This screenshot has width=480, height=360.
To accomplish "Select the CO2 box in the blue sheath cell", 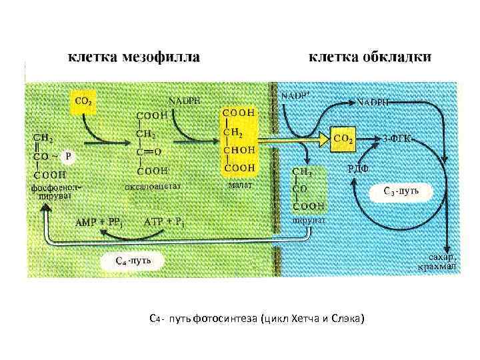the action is (x=344, y=139).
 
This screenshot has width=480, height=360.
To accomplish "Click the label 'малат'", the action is (x=240, y=185).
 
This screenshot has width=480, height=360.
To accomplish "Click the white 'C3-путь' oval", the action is (x=401, y=192).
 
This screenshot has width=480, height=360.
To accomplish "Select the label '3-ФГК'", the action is (x=398, y=139).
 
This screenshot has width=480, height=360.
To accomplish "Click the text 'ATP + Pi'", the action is (x=164, y=222).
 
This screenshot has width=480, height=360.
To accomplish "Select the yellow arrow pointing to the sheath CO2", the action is (x=293, y=139).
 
